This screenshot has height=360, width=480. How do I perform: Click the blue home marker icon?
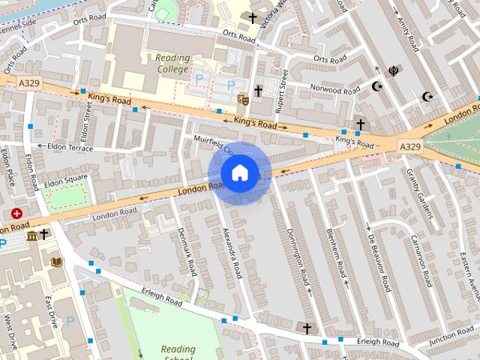(x=238, y=172)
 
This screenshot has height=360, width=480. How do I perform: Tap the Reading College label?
(x=173, y=62)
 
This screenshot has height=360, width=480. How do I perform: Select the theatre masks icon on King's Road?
(x=242, y=100)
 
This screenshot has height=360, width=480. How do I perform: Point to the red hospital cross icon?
(x=16, y=214)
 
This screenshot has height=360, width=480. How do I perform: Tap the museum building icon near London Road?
(x=31, y=235)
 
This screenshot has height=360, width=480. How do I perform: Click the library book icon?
(x=57, y=261)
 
